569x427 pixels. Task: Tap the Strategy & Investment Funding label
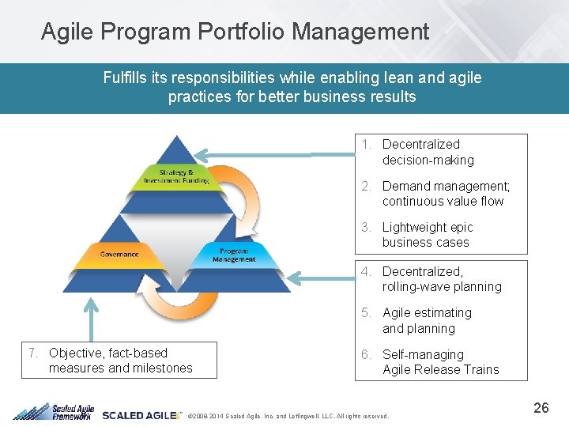tap(176, 176)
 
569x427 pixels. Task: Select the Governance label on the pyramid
tap(119, 254)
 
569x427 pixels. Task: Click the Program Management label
tap(234, 255)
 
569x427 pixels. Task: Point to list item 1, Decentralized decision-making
tap(428, 152)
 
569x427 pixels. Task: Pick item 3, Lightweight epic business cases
tap(427, 235)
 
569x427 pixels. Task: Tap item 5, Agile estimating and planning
tap(427, 320)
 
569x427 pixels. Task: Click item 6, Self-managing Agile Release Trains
tap(440, 362)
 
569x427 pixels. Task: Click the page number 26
tap(541, 408)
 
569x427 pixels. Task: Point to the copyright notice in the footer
tap(284, 416)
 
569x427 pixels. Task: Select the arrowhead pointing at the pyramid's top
tap(204, 154)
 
